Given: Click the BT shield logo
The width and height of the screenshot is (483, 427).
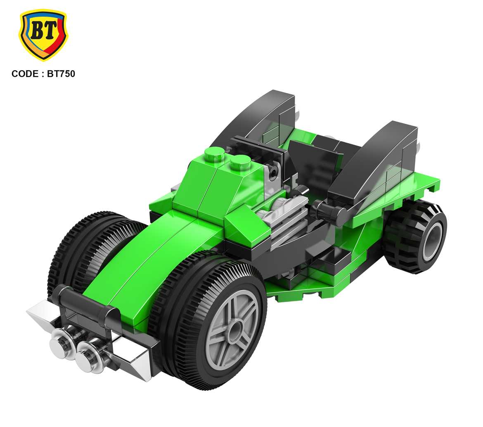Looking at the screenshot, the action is tap(43, 35).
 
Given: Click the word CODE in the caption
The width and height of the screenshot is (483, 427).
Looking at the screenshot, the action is tap(25, 74).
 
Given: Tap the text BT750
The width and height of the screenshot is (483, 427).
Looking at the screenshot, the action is tap(61, 74).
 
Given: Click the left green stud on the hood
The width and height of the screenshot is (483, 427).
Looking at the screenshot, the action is tap(215, 154).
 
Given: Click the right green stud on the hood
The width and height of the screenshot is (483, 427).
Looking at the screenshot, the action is tap(240, 162).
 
